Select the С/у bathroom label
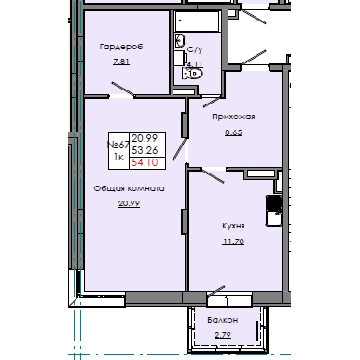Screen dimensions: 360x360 196,50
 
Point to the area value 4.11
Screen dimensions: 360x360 195,65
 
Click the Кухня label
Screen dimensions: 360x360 233,227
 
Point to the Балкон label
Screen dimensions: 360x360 223,320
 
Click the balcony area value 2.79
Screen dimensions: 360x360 223,333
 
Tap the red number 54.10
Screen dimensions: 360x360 143,162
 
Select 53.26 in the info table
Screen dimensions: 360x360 143,149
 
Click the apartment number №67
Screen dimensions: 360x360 118,143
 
